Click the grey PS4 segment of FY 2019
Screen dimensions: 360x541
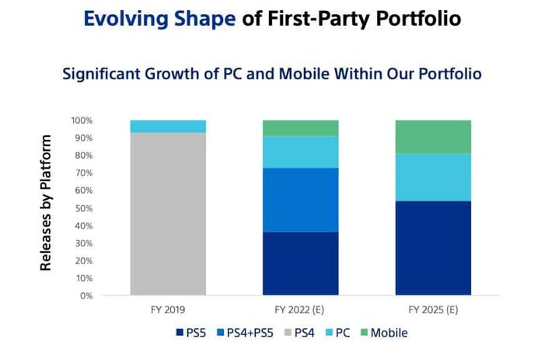coord(168,214)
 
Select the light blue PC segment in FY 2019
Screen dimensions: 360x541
coord(168,126)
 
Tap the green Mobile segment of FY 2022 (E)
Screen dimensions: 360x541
coord(301,128)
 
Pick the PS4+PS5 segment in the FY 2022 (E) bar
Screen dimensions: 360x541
coord(301,200)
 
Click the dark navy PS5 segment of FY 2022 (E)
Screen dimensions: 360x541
coord(301,264)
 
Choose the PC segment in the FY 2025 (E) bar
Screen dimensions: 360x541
coord(433,177)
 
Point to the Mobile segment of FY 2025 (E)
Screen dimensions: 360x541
coord(433,137)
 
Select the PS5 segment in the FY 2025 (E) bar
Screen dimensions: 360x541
coord(433,248)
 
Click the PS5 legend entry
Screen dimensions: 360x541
coord(191,333)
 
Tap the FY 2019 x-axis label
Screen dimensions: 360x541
coord(168,309)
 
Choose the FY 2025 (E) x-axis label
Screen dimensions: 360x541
coord(433,309)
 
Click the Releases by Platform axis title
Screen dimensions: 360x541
coord(47,203)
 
